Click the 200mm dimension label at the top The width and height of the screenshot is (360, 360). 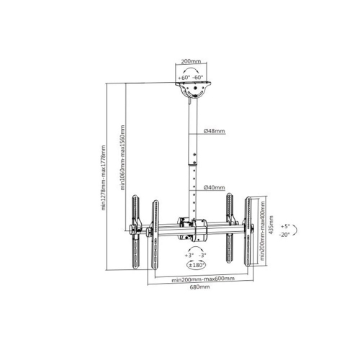pos(191,61)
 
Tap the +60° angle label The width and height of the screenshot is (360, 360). pos(184,78)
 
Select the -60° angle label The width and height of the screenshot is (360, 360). pos(198,78)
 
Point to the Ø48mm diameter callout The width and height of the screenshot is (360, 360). pos(215,131)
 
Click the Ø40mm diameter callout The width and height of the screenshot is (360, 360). pos(215,188)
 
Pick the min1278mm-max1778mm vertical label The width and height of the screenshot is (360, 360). pos(104,178)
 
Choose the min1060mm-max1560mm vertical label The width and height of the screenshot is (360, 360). pos(122,158)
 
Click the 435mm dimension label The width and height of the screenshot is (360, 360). pos(271,225)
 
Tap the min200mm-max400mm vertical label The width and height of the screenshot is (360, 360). pos(262,230)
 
